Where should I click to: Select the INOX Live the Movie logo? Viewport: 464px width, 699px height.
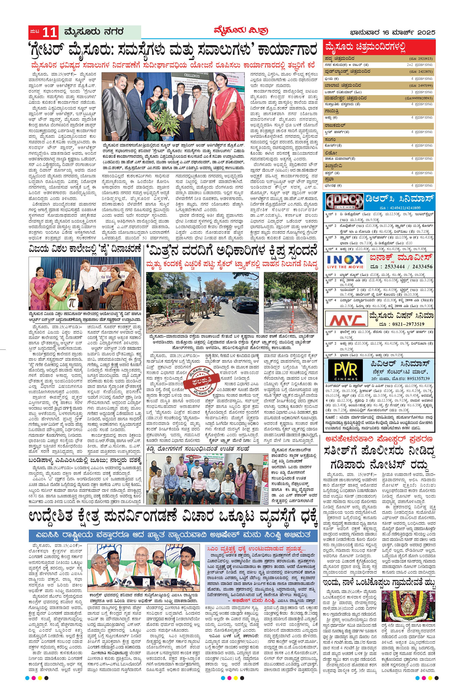[345, 262]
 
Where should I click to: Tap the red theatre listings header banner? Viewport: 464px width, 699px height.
[380, 47]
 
